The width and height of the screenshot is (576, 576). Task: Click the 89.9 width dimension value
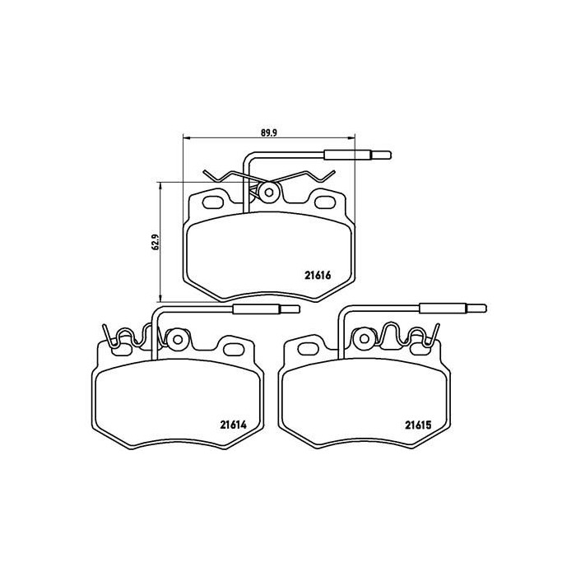click(x=268, y=132)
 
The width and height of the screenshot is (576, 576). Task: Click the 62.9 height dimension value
click(x=155, y=242)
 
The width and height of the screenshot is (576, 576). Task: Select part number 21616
click(x=318, y=275)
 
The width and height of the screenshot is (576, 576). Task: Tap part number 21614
click(x=233, y=425)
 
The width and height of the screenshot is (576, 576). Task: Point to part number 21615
click(x=418, y=425)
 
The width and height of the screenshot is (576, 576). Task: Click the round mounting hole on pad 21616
click(x=269, y=192)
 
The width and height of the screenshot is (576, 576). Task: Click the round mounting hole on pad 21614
click(x=178, y=339)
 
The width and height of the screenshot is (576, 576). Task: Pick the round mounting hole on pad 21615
click(x=365, y=338)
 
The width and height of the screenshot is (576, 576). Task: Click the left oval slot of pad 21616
click(x=212, y=202)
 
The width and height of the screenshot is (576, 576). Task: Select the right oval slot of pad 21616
click(x=324, y=202)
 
